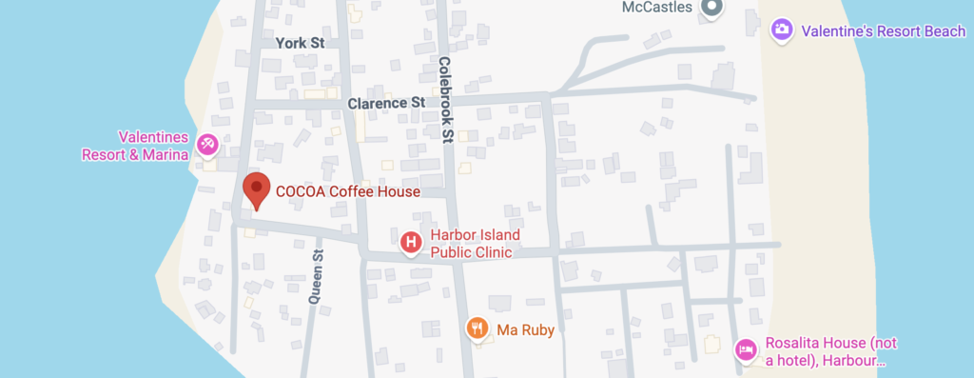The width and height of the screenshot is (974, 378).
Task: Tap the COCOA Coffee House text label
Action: (347, 191)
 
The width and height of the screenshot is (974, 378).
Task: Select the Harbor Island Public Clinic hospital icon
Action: (411, 244)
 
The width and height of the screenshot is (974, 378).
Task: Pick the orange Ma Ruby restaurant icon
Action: (477, 329)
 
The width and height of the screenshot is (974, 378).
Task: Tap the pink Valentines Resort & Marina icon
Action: (207, 145)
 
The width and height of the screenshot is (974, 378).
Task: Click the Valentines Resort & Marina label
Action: (134, 146)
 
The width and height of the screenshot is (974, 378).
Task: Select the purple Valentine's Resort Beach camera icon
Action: (782, 30)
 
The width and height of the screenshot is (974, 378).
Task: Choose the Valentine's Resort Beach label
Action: (883, 31)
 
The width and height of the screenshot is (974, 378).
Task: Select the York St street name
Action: (300, 43)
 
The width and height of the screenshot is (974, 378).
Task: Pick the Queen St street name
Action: (317, 276)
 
